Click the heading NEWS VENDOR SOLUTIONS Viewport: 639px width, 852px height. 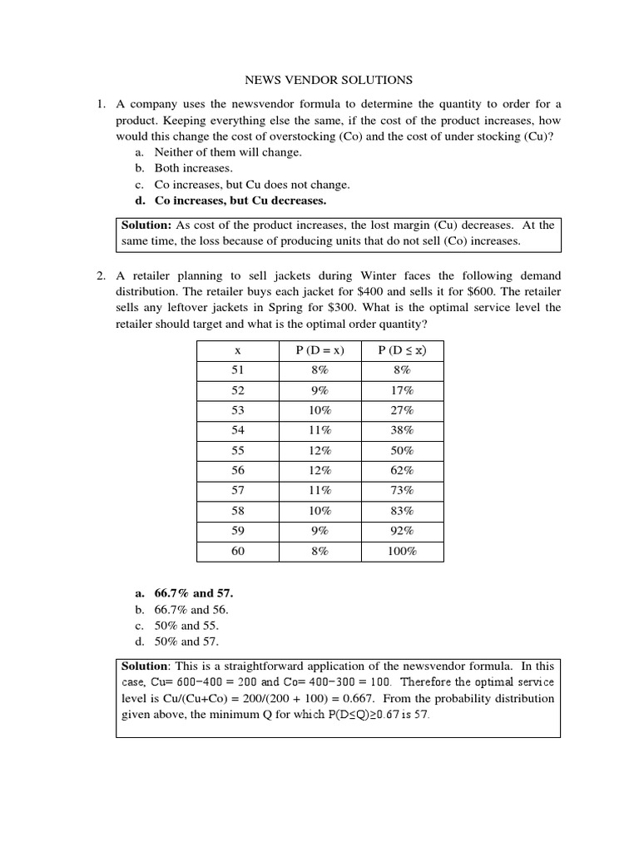click(x=328, y=80)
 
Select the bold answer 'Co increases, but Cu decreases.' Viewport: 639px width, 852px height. click(x=240, y=201)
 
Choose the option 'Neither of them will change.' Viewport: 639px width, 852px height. click(x=228, y=152)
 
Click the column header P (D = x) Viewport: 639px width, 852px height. click(x=319, y=350)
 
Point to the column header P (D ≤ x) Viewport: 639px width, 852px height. click(x=402, y=350)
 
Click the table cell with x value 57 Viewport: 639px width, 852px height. click(x=238, y=491)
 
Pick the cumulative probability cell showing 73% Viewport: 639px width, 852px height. click(x=402, y=491)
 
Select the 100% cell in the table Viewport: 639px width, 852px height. click(x=402, y=551)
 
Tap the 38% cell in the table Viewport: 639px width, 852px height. click(x=402, y=430)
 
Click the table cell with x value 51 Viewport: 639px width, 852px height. click(x=238, y=370)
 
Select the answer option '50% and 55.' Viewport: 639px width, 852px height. click(x=186, y=625)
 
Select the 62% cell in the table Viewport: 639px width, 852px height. click(x=402, y=471)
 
